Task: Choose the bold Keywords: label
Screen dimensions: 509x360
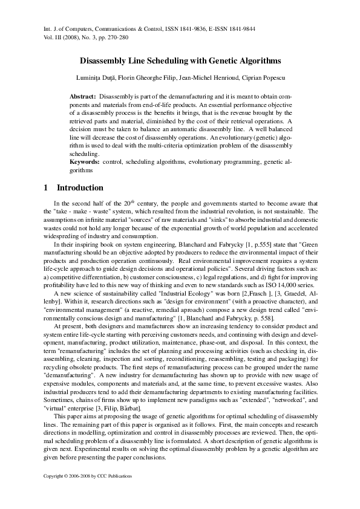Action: coord(85,163)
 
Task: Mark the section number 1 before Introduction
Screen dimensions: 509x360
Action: coord(46,188)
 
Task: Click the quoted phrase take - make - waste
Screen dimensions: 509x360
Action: coord(77,213)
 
